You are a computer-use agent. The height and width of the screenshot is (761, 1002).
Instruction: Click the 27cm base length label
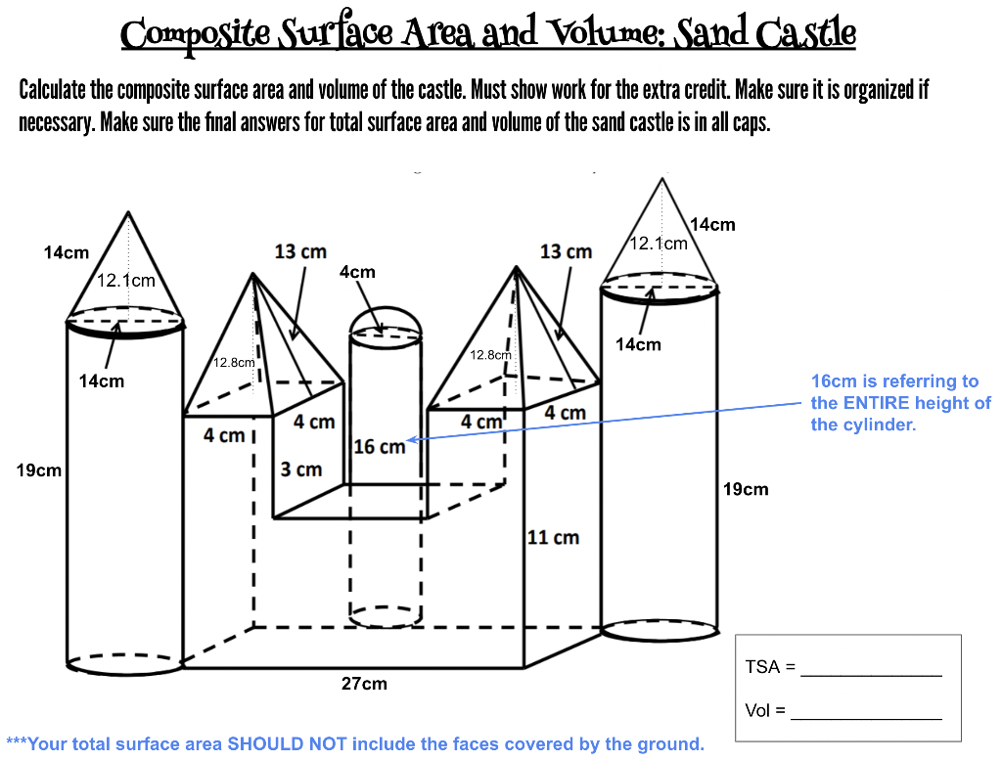tap(363, 684)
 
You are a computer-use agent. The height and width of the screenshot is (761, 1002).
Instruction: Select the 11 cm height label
tap(553, 537)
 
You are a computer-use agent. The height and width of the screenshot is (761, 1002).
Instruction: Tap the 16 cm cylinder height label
tap(379, 446)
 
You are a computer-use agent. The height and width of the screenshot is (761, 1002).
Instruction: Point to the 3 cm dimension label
tap(301, 469)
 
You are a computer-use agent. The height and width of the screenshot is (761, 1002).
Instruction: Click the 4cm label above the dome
tap(357, 271)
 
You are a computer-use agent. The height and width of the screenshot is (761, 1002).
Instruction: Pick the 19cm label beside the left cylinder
tap(39, 470)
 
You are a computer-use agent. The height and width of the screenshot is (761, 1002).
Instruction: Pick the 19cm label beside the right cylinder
tap(746, 488)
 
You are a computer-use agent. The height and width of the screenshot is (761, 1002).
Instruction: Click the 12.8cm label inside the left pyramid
tap(234, 362)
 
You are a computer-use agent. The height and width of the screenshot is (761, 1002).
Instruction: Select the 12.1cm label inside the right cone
tap(659, 243)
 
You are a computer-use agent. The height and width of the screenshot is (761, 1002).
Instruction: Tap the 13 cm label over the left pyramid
tap(300, 251)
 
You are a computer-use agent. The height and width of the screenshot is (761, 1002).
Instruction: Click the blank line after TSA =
tap(871, 669)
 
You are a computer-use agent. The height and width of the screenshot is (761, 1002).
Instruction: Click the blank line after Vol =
tap(866, 712)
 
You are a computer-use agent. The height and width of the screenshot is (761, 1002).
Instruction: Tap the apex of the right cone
tap(662, 179)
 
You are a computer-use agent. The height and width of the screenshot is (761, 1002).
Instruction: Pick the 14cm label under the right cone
tap(638, 343)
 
